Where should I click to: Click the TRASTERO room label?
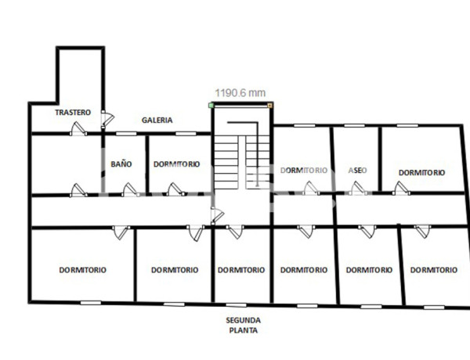point(73,113)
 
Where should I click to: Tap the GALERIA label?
point(157,121)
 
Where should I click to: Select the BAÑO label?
point(121,164)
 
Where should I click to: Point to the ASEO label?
point(357,170)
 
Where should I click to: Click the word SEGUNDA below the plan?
point(243,320)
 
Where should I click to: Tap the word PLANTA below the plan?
point(243,330)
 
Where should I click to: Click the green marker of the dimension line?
point(211,103)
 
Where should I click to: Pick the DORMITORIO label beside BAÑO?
point(176,164)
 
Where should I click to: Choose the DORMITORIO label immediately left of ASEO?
point(303,170)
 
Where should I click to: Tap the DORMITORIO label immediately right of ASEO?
point(421,172)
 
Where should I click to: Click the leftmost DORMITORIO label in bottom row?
point(83,270)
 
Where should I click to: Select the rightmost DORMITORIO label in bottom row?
point(433,270)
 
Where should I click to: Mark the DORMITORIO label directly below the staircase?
point(241,270)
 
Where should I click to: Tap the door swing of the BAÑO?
point(128,189)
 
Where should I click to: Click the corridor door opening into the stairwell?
point(217,214)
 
